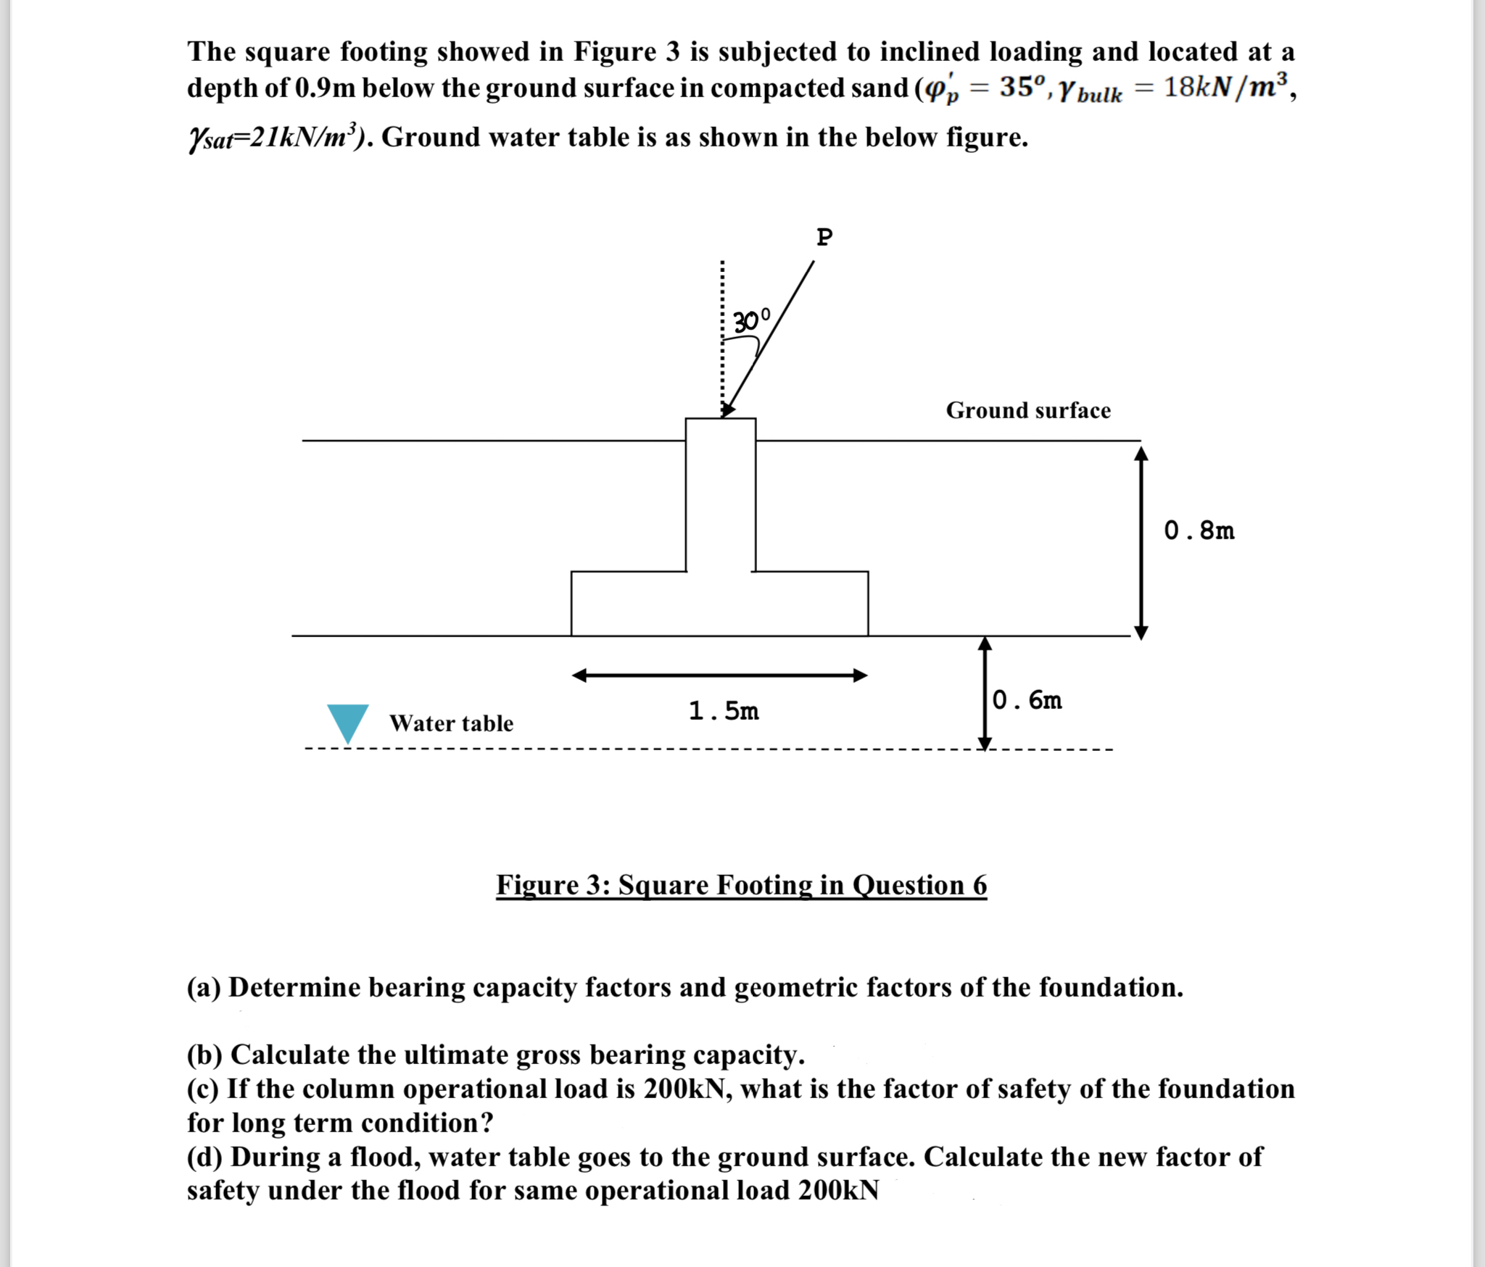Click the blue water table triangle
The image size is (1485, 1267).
[x=348, y=720]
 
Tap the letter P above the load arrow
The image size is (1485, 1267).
[x=824, y=237]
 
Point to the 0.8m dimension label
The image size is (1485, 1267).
[x=1199, y=531]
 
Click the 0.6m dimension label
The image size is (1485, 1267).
[x=1027, y=700]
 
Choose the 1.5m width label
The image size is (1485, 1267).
[x=724, y=711]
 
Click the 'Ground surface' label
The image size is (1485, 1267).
[x=1027, y=410]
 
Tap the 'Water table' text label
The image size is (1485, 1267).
[x=451, y=723]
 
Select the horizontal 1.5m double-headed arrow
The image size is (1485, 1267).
[x=719, y=676]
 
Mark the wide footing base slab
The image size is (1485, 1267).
[x=719, y=604]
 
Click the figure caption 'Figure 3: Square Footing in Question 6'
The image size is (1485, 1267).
[x=741, y=885]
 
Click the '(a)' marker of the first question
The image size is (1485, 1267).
[x=204, y=987]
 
